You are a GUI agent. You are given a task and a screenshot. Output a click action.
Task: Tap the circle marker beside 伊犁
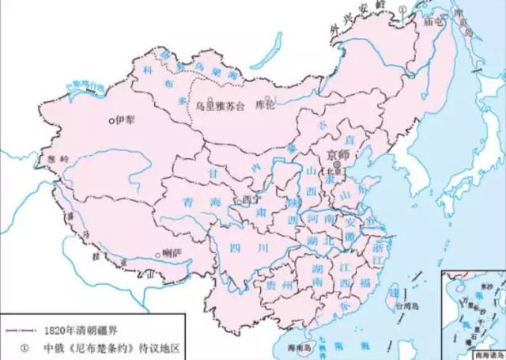coord(111,121)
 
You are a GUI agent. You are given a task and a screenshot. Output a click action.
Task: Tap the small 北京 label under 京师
coord(334,170)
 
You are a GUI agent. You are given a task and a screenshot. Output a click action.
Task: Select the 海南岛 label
coord(297,348)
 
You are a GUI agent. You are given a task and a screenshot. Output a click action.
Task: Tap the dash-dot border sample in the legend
coord(21,329)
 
